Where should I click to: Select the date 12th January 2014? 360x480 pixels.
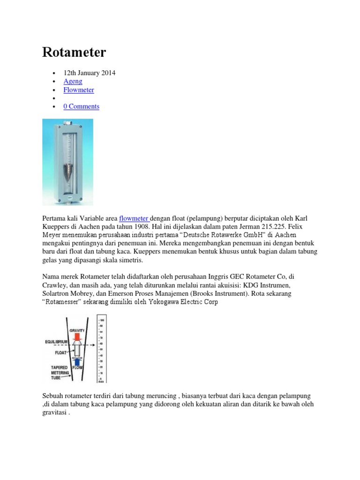coord(90,73)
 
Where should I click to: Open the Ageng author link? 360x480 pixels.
coord(73,81)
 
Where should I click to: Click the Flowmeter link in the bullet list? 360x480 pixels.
coord(79,90)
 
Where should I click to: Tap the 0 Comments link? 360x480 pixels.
coord(82,106)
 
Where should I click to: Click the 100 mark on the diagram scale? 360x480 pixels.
coord(102,320)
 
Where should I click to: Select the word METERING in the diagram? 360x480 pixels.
coord(60,372)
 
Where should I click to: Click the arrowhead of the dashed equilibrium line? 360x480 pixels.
coord(94,346)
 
